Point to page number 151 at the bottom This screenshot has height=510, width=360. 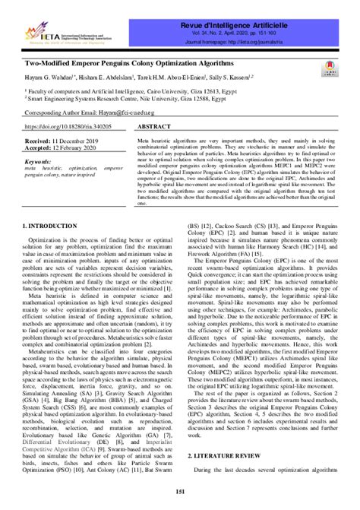click(180, 497)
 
